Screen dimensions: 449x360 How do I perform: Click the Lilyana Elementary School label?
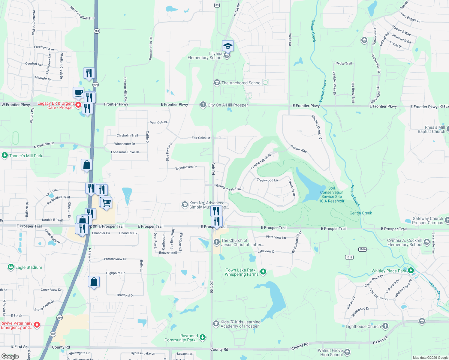point(205,56)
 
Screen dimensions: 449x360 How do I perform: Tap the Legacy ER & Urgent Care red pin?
point(78,105)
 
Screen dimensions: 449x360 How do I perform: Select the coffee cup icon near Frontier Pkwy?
point(78,92)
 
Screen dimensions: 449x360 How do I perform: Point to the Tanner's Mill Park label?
point(26,156)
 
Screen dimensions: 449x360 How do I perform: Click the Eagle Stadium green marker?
point(11,267)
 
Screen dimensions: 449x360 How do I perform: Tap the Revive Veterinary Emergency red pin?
point(37,325)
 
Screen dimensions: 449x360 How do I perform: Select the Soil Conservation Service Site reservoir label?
point(331,195)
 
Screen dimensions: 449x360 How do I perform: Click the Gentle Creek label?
point(360,213)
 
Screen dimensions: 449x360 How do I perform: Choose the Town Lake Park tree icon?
point(263,272)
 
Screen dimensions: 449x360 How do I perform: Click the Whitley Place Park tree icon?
point(411,271)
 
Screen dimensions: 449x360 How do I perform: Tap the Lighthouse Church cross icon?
point(385,326)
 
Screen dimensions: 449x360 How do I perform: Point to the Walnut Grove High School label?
point(330,352)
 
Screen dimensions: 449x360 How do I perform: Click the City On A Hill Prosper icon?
point(203,105)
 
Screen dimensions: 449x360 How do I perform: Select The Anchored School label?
point(241,83)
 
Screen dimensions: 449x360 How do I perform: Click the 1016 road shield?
point(363,249)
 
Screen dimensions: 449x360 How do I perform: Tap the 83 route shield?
point(217,5)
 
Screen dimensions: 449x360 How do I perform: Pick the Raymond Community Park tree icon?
point(203,337)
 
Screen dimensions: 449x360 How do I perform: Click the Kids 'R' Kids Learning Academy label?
point(240,324)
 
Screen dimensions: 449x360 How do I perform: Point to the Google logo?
point(10,356)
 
